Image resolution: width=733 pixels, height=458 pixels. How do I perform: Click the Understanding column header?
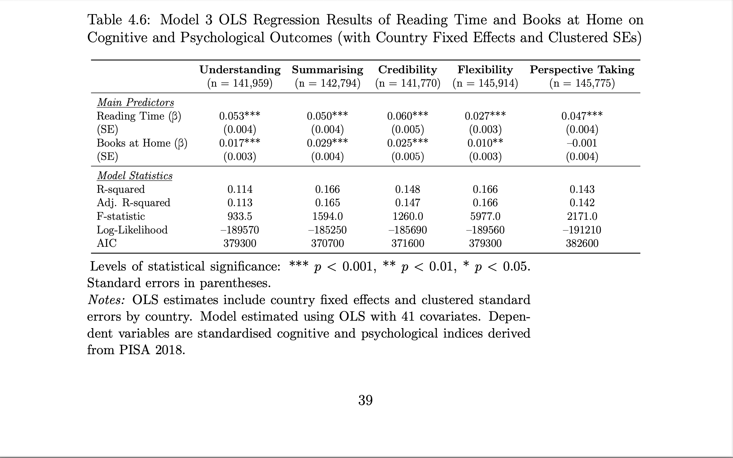tap(240, 70)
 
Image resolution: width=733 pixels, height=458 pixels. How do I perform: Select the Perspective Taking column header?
tap(582, 70)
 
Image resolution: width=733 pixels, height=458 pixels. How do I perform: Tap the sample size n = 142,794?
tap(328, 83)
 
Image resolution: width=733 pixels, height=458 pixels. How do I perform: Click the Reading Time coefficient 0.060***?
tap(407, 116)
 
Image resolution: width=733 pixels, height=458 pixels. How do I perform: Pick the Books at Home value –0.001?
tap(582, 143)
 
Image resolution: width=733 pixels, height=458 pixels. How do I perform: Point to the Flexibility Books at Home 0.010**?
tap(485, 143)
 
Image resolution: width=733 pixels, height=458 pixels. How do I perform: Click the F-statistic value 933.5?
tap(240, 216)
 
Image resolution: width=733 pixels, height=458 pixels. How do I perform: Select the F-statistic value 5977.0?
tap(485, 216)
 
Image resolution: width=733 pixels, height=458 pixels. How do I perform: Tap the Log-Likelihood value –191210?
tap(582, 230)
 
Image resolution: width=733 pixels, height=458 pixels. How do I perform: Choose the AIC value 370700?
tap(327, 243)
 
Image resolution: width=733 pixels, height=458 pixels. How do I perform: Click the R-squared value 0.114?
tap(240, 189)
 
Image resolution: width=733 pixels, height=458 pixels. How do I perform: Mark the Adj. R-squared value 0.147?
tap(407, 203)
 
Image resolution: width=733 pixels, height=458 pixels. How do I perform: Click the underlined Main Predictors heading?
tap(135, 103)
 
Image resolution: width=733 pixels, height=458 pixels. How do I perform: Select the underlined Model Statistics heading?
tap(135, 176)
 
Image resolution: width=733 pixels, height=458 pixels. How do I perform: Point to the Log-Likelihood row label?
tap(132, 230)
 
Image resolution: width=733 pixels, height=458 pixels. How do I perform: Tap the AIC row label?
tap(106, 243)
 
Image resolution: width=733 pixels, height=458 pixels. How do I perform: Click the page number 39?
tap(365, 400)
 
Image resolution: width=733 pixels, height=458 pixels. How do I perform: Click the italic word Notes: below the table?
tap(106, 300)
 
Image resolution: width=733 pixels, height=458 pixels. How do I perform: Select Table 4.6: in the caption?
tap(119, 20)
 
